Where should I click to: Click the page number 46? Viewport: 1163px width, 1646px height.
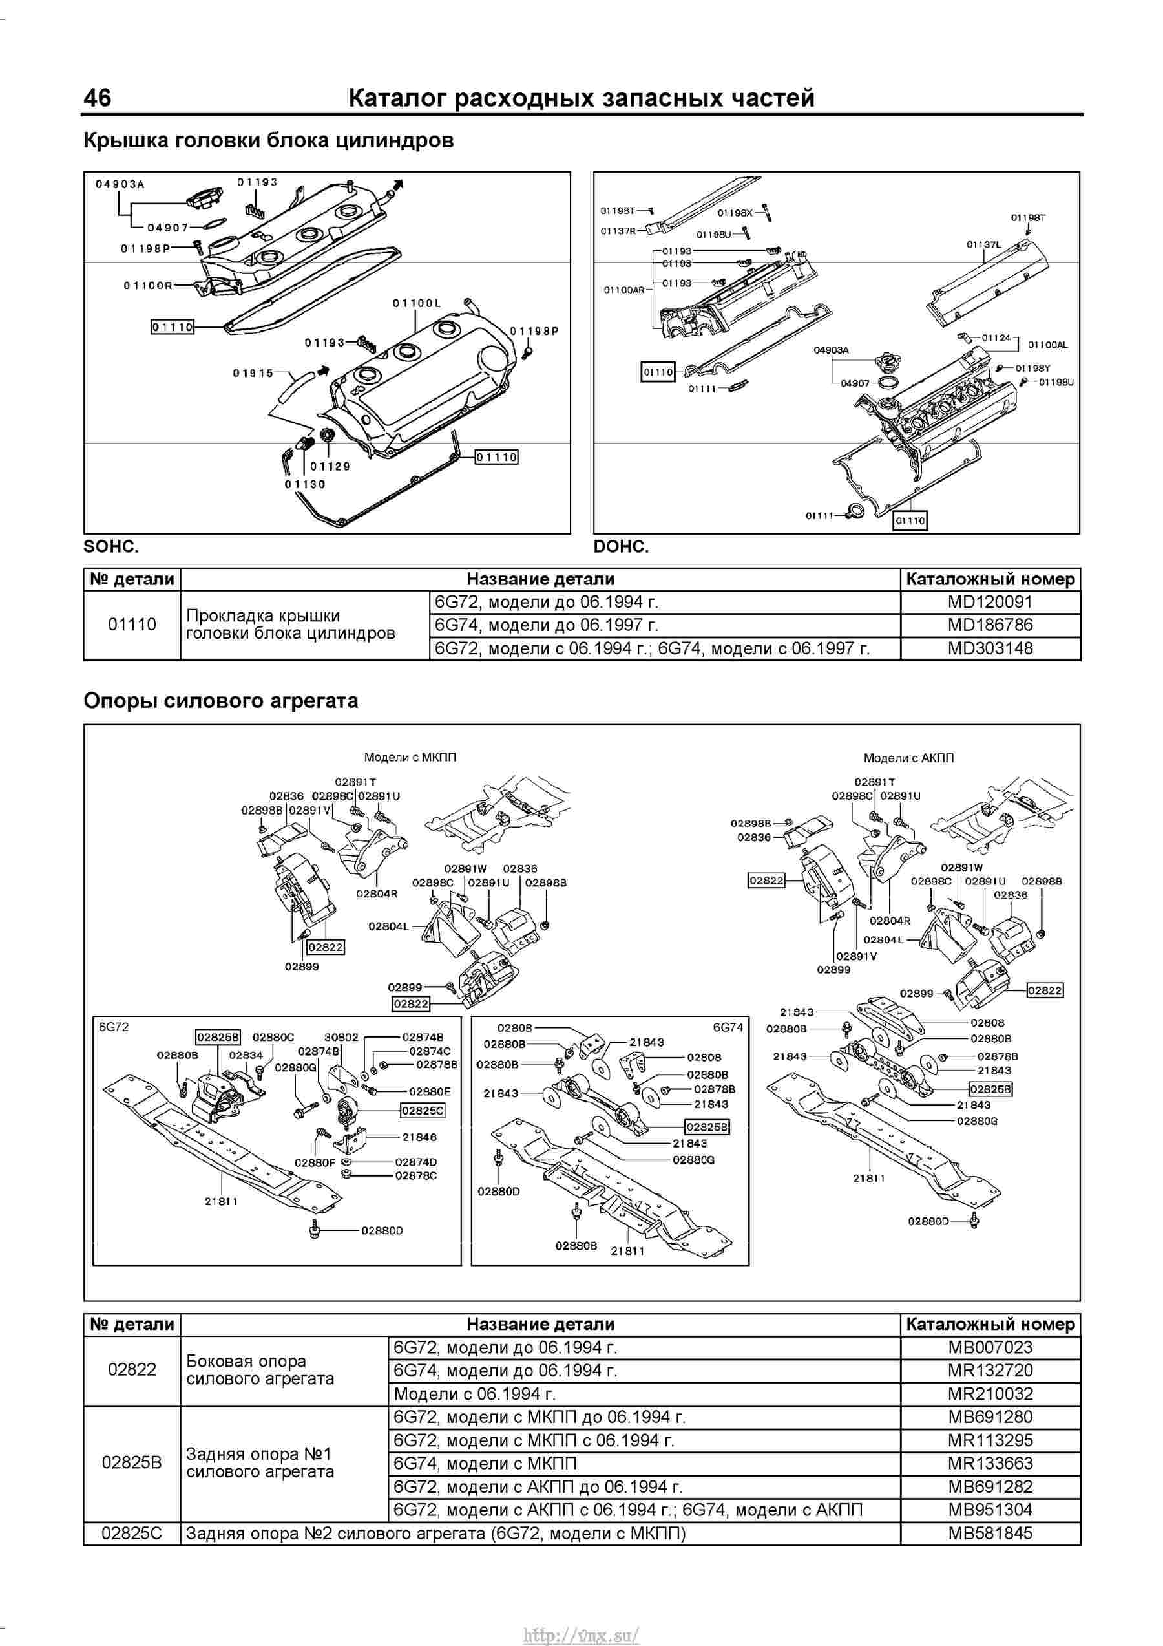(x=98, y=98)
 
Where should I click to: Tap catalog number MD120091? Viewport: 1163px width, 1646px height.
(x=990, y=601)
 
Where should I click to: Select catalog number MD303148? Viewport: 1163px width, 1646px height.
(x=990, y=648)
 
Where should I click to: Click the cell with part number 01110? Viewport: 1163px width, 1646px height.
(x=132, y=625)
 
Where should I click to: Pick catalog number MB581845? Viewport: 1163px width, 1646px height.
(x=990, y=1534)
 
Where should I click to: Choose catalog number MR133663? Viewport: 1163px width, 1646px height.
(x=990, y=1463)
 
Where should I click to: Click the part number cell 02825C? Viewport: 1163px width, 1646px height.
(x=132, y=1534)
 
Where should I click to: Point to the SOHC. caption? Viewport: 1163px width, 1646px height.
(x=111, y=546)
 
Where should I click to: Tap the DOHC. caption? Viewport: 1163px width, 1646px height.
(x=620, y=546)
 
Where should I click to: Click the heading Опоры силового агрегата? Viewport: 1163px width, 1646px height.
(x=221, y=700)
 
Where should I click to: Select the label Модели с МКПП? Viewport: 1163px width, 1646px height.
(x=410, y=757)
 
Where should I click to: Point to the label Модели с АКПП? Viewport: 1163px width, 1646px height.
(x=908, y=758)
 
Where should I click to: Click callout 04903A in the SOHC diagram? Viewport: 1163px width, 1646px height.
(x=120, y=184)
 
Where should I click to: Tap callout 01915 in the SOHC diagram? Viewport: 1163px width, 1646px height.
(x=253, y=373)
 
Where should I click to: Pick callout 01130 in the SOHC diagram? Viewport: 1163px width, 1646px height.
(x=304, y=485)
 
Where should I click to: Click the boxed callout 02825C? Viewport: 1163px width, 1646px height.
(x=423, y=1111)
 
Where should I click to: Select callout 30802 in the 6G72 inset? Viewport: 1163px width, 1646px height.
(x=341, y=1036)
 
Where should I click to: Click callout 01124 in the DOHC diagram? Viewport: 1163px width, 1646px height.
(x=995, y=337)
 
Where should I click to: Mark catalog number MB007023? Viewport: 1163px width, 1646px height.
(x=990, y=1347)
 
